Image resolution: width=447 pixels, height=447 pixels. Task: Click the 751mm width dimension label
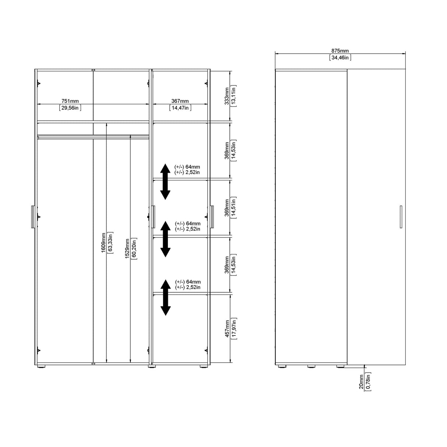(x=70, y=101)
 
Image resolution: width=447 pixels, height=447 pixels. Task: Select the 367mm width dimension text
(x=180, y=101)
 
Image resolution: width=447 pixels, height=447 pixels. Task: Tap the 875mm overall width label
(x=340, y=51)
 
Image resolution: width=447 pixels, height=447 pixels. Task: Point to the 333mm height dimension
(x=227, y=96)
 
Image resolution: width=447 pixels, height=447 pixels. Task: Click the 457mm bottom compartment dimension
(x=227, y=328)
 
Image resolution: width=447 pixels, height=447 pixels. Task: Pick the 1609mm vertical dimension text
(x=103, y=242)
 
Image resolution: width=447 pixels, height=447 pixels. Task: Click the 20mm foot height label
(x=361, y=382)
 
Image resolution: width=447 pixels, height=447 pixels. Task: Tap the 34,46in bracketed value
(x=340, y=57)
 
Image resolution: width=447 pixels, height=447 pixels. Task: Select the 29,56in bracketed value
(x=70, y=108)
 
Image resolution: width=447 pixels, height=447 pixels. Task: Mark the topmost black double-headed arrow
(x=165, y=182)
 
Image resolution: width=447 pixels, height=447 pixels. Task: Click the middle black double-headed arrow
(x=165, y=239)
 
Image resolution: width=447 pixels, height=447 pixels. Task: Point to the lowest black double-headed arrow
(x=165, y=298)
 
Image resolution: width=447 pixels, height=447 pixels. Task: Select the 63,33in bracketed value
(x=110, y=242)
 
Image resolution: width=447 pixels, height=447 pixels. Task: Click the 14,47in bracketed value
(x=180, y=108)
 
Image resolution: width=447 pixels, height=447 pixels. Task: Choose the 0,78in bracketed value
(x=368, y=382)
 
